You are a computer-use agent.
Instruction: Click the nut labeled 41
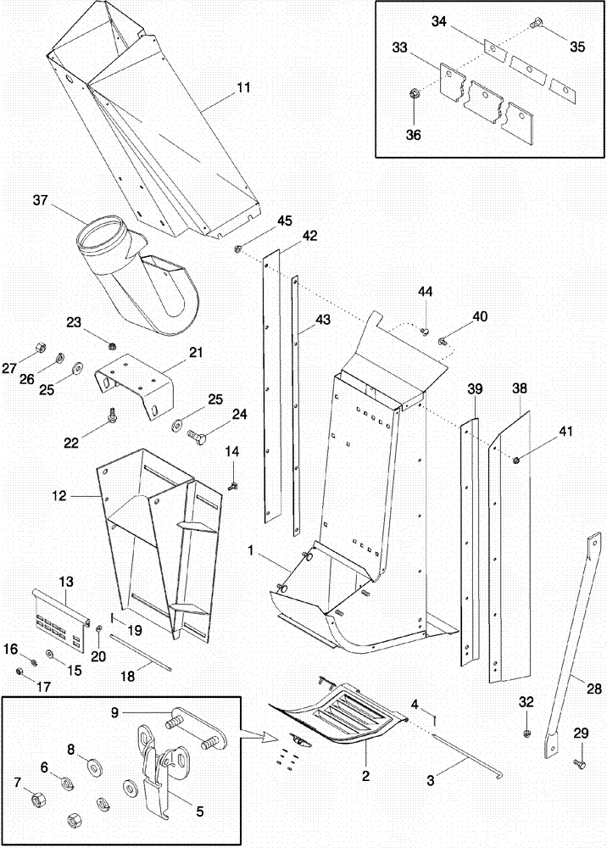tap(516, 459)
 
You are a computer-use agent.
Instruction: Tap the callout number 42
tap(310, 235)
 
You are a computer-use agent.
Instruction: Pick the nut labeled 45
tap(239, 248)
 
